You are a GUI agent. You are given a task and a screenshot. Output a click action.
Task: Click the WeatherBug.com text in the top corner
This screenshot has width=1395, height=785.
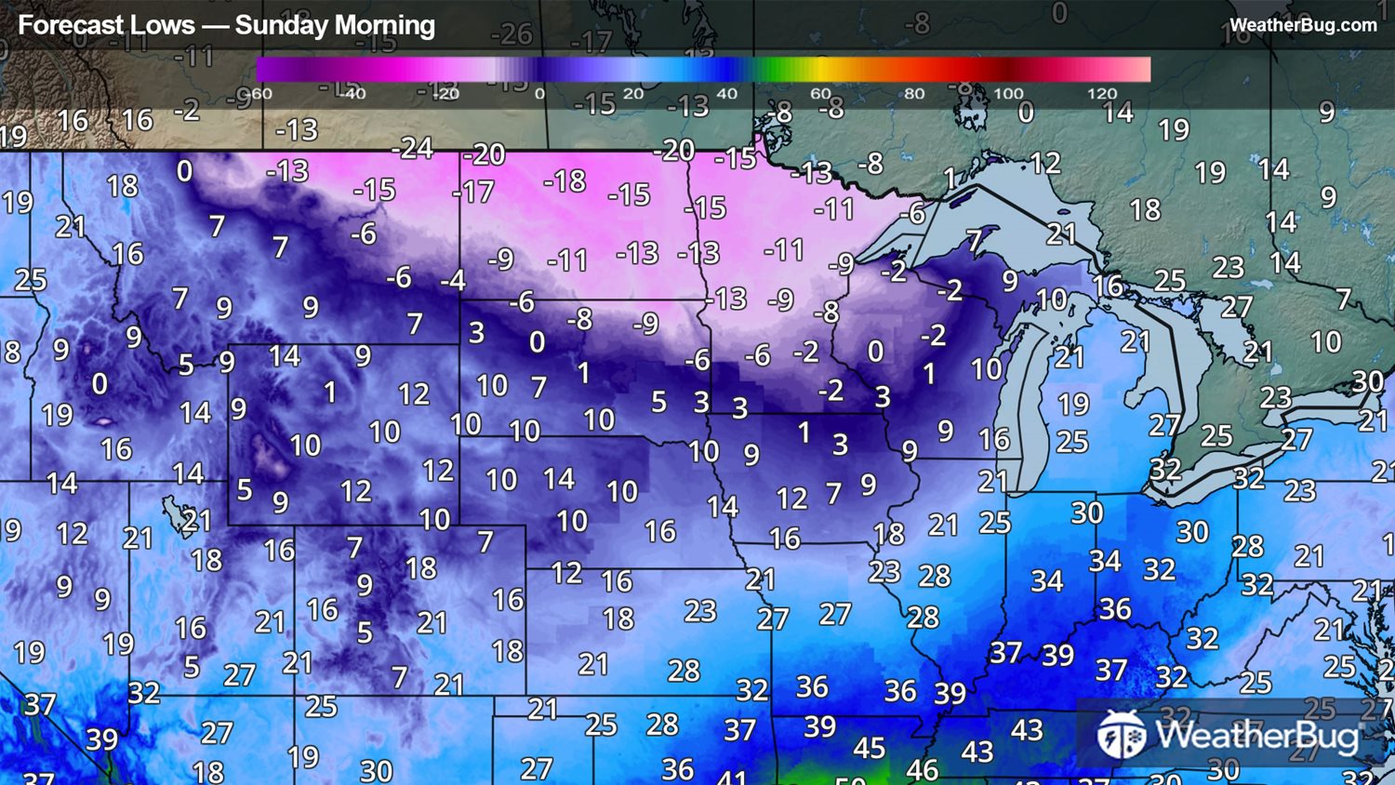[x=1303, y=25]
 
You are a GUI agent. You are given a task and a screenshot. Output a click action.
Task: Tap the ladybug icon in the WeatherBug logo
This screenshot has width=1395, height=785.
[x=1122, y=735]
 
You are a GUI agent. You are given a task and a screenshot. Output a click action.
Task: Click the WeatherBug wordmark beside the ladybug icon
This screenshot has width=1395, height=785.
[x=1256, y=736]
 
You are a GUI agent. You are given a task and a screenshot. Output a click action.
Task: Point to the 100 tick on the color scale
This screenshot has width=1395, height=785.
[x=1008, y=94]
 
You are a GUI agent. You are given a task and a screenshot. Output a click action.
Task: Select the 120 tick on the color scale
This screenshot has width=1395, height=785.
[x=1102, y=94]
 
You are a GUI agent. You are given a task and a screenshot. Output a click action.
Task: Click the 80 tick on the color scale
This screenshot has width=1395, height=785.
[x=914, y=94]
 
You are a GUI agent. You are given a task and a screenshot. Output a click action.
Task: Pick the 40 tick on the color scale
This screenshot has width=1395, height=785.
[x=727, y=94]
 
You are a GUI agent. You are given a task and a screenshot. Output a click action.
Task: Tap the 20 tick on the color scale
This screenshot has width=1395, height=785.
[x=633, y=94]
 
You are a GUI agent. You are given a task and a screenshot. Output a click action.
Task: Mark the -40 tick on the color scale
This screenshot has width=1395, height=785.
[x=352, y=94]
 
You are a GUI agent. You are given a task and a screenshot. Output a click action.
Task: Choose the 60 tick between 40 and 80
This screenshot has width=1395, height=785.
[x=820, y=94]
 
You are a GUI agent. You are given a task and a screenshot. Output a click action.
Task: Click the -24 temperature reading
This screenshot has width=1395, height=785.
[x=412, y=148]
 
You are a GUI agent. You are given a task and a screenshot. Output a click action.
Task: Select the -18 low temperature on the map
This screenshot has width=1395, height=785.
[x=565, y=180]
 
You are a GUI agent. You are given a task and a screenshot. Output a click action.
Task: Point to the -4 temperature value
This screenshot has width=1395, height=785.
[x=453, y=280]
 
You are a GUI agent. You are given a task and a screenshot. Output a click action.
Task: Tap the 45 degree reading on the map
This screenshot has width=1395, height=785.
[x=870, y=748]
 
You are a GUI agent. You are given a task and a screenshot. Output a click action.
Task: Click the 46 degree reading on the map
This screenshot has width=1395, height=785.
[x=922, y=770]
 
